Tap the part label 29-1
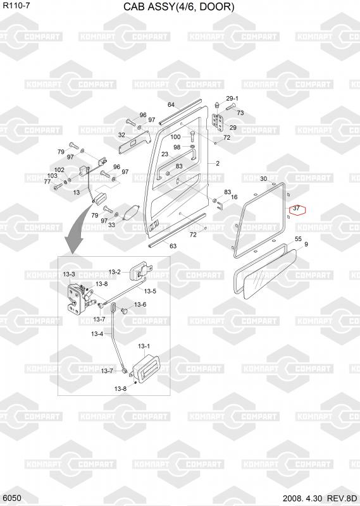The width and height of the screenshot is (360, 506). pyautogui.click(x=232, y=99)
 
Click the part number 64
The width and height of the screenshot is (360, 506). pyautogui.click(x=171, y=104)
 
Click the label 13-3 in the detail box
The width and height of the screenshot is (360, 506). pyautogui.click(x=69, y=275)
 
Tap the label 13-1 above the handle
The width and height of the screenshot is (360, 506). pyautogui.click(x=144, y=346)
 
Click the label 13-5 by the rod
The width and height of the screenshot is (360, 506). pyautogui.click(x=150, y=291)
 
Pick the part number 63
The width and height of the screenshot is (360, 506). pyautogui.click(x=173, y=246)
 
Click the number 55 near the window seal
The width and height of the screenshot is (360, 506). pyautogui.click(x=298, y=239)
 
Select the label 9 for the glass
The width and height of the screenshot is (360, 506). pyautogui.click(x=306, y=244)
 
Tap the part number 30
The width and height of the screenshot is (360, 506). pyautogui.click(x=263, y=178)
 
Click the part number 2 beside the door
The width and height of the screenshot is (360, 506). pyautogui.click(x=218, y=164)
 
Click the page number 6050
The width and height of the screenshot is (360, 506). pyautogui.click(x=13, y=498)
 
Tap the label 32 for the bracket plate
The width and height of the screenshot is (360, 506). pyautogui.click(x=121, y=135)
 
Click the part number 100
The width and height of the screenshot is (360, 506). pyautogui.click(x=175, y=137)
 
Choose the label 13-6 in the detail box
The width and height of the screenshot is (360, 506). pyautogui.click(x=140, y=304)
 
